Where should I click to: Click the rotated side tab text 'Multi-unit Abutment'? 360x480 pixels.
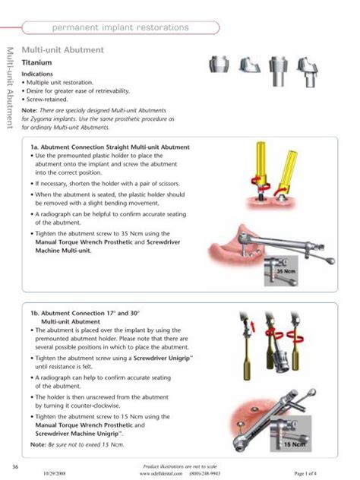tap(9, 88)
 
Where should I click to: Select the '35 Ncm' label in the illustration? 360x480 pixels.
tap(285, 270)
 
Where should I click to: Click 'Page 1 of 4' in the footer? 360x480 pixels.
tap(320, 472)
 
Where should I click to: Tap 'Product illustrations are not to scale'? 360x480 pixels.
tap(179, 465)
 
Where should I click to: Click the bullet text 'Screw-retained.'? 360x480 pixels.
tap(49, 99)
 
